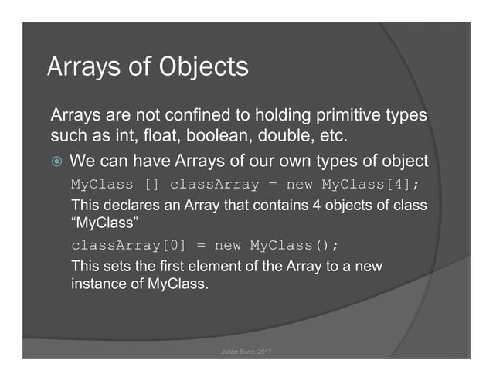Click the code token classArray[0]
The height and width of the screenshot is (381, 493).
(x=127, y=246)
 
